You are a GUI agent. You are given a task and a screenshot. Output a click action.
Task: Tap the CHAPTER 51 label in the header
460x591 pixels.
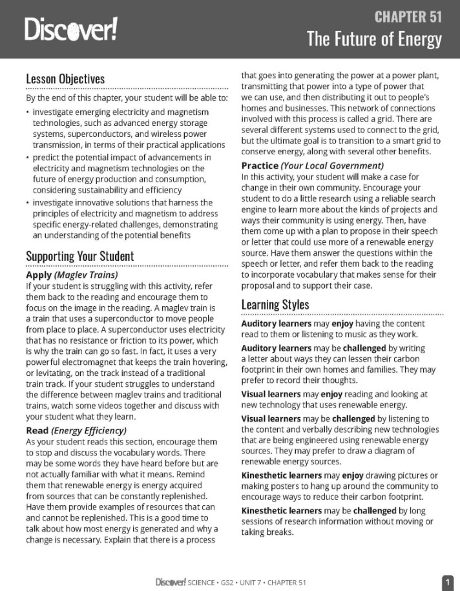click(408, 16)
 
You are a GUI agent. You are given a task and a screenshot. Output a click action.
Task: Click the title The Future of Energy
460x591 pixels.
click(374, 39)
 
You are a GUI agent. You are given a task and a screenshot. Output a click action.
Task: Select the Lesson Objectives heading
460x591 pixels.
click(65, 79)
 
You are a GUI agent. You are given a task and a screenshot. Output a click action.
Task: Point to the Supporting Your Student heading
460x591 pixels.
click(79, 256)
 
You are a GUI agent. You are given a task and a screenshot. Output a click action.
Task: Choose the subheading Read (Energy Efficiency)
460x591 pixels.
click(76, 430)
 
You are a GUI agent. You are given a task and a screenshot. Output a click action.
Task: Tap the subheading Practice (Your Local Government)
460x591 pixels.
click(312, 166)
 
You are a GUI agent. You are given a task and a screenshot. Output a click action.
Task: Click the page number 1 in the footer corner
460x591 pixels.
click(447, 582)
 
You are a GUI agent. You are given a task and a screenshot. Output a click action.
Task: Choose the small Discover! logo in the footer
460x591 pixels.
click(171, 583)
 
